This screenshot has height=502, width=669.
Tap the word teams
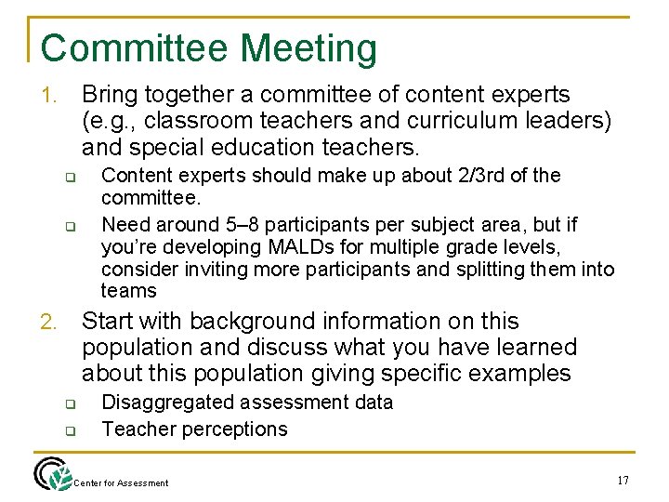click(129, 291)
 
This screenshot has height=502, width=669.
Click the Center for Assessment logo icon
click(52, 474)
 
